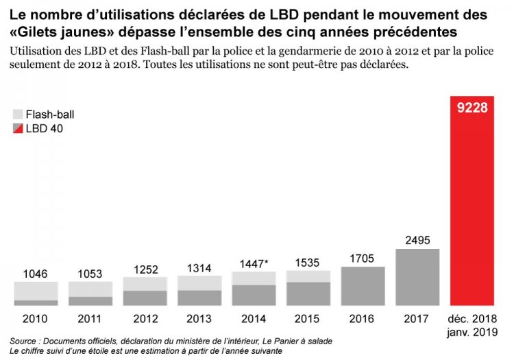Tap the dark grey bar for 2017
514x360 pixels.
417,277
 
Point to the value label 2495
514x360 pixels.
417,239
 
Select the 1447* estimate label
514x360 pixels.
254,263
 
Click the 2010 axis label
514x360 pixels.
36,319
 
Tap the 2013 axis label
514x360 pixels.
199,319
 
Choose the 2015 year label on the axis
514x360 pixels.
308,319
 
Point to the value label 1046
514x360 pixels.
36,274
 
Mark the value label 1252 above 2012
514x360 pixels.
145,269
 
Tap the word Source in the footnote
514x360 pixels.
25,341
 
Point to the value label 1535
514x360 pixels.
308,263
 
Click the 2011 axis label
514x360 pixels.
90,319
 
